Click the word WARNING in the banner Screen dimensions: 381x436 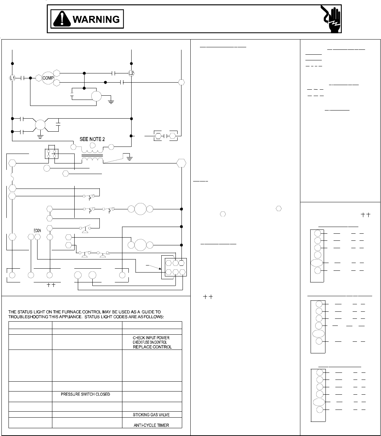click(96, 19)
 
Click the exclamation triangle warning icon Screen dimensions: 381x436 click(62, 19)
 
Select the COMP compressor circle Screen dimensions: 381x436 click(47, 78)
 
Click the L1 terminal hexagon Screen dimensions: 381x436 click(12, 78)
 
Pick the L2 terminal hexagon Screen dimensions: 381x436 click(131, 73)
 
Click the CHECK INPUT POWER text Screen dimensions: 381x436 click(151, 338)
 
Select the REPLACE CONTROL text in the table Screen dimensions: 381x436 click(152, 347)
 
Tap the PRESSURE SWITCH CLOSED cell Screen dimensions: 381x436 click(85, 394)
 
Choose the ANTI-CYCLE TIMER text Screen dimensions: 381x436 click(151, 425)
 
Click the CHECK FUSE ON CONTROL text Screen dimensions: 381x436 click(150, 342)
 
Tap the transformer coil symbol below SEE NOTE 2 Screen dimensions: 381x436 click(92, 157)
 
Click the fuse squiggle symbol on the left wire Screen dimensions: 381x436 click(12, 175)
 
